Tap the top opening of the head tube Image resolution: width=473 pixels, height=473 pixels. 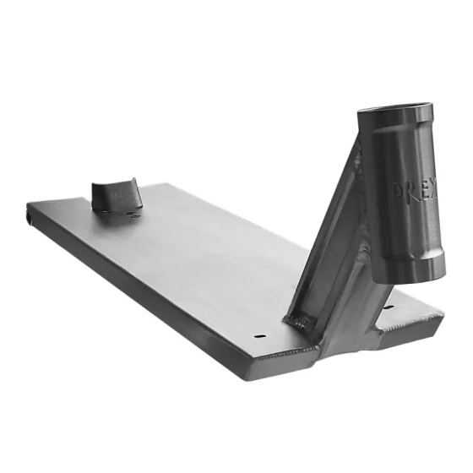tap(395, 111)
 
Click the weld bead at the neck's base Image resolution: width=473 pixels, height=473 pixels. tap(301, 321)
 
